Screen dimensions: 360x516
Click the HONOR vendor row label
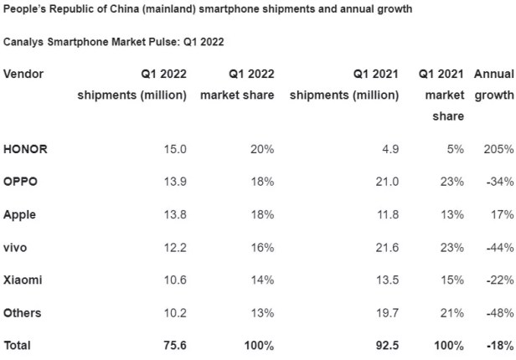click(x=26, y=148)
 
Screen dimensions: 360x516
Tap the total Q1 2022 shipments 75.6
click(x=173, y=320)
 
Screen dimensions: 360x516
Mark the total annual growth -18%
click(x=498, y=320)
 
